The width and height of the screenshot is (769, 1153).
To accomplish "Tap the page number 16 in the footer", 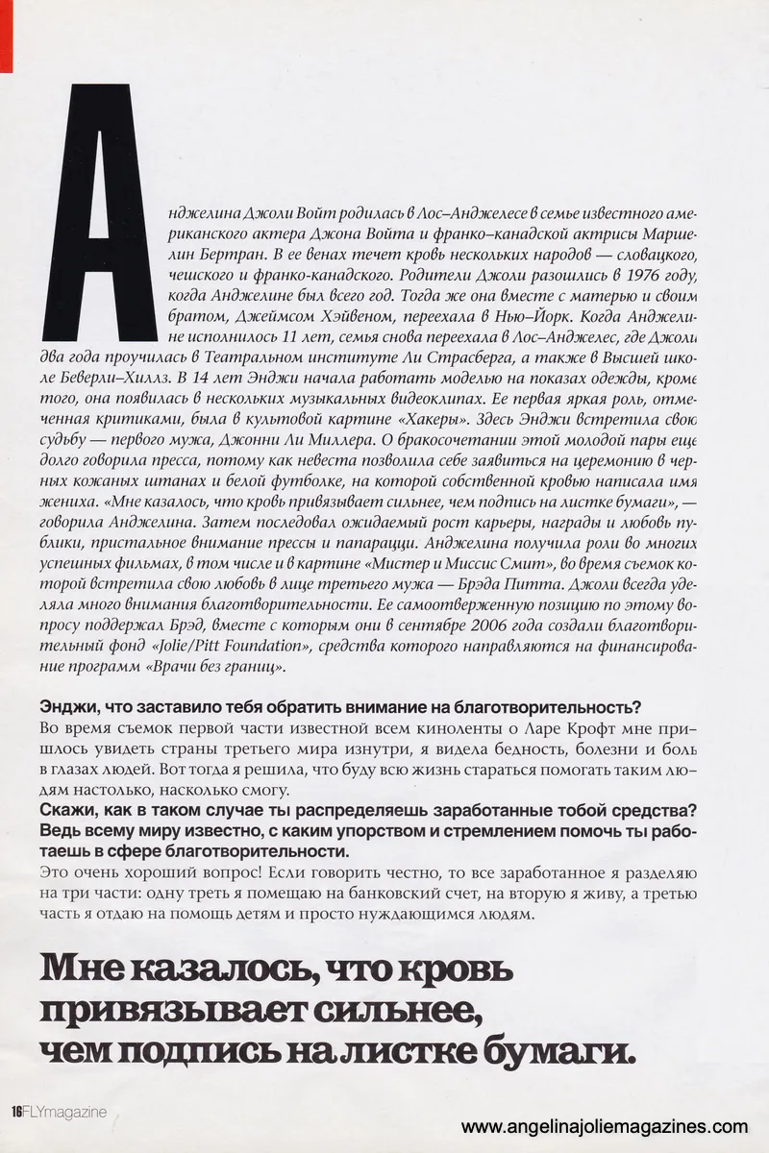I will tap(17, 1113).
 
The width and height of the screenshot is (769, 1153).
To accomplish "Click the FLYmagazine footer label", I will tap(65, 1113).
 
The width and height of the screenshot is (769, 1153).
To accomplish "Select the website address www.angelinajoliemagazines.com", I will tap(604, 1127).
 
